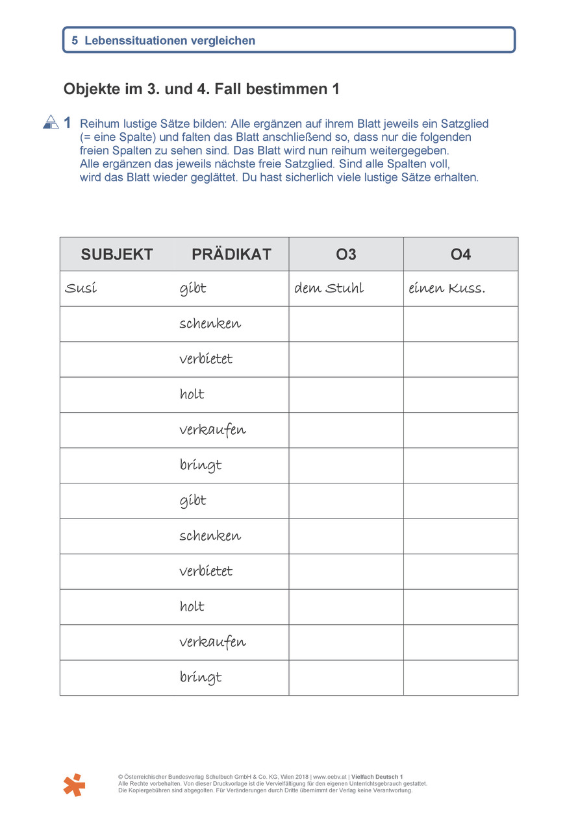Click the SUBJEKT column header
(x=117, y=254)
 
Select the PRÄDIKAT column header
(x=231, y=254)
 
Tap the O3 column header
(x=346, y=254)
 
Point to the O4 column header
(x=460, y=254)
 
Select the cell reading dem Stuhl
(x=329, y=289)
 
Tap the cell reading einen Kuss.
(x=447, y=289)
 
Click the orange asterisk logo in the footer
(x=75, y=785)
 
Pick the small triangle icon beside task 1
(x=51, y=121)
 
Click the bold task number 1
(x=68, y=123)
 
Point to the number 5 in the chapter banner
(x=75, y=40)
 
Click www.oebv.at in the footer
(x=329, y=777)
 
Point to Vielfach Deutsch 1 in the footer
(x=377, y=777)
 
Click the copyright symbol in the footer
(x=121, y=777)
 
